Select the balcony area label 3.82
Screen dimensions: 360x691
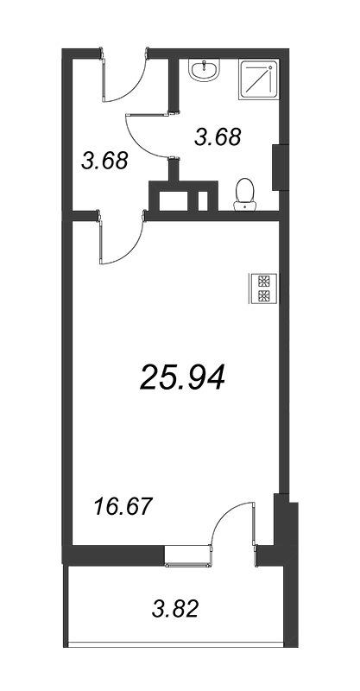pyautogui.click(x=175, y=609)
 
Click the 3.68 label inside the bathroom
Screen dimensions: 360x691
pyautogui.click(x=218, y=136)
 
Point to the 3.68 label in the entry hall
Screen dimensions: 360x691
pyautogui.click(x=104, y=161)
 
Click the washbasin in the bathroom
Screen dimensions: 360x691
pyautogui.click(x=205, y=71)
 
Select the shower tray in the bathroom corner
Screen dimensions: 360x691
pyautogui.click(x=259, y=79)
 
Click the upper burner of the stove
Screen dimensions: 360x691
pyautogui.click(x=263, y=282)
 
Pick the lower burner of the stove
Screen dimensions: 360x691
pyautogui.click(x=263, y=295)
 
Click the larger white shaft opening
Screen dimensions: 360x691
pyautogui.click(x=174, y=200)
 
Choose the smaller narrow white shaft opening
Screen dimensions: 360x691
pyautogui.click(x=203, y=200)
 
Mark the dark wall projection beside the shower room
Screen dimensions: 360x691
pyautogui.click(x=281, y=167)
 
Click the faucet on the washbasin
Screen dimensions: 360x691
pyautogui.click(x=205, y=67)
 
